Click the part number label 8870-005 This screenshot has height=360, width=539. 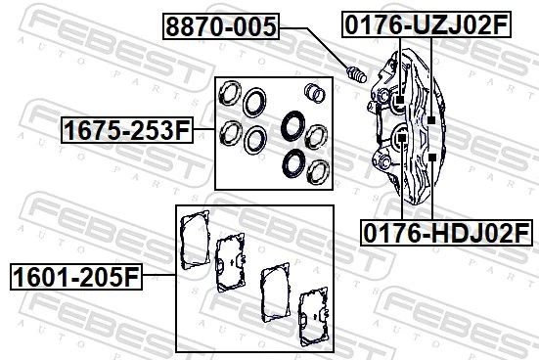[x=221, y=26]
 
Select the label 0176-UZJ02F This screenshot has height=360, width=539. [x=427, y=24]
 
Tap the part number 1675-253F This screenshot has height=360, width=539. [x=127, y=130]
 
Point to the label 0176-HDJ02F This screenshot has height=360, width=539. [x=446, y=233]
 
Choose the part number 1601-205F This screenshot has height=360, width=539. [x=76, y=277]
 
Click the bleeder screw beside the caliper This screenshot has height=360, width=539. [x=356, y=74]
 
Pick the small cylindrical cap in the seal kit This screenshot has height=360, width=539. [x=315, y=93]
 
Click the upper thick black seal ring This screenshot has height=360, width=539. [x=292, y=125]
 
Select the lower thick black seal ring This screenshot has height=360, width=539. [x=293, y=163]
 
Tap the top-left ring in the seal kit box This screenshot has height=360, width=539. [x=230, y=93]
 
